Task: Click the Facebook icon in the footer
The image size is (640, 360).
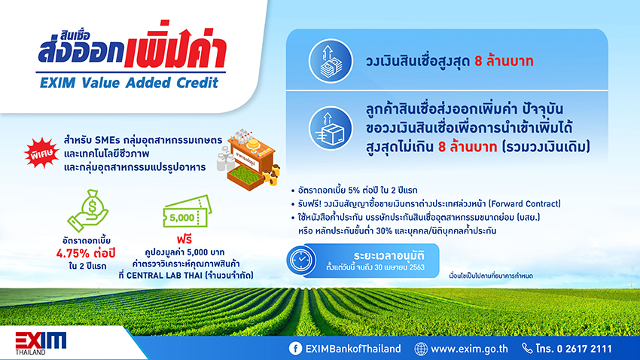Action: (x=295, y=348)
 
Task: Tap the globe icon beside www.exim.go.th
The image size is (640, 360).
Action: (x=421, y=349)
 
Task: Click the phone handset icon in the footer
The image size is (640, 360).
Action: (x=527, y=348)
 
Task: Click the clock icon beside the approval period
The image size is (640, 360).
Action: (x=301, y=261)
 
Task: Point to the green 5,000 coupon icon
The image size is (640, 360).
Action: (x=187, y=212)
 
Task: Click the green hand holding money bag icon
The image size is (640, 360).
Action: (x=88, y=211)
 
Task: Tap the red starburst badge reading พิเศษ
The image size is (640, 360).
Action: (x=41, y=153)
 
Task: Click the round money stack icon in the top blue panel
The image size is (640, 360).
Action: (x=331, y=61)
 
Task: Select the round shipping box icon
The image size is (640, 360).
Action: (x=331, y=129)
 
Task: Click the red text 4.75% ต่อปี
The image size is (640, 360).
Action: (x=86, y=254)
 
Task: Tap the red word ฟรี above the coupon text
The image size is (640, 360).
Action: (x=184, y=239)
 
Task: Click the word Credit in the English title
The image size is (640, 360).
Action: (x=197, y=83)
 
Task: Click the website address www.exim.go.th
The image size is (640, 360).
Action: (x=469, y=349)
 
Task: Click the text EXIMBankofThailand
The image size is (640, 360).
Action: (x=353, y=349)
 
